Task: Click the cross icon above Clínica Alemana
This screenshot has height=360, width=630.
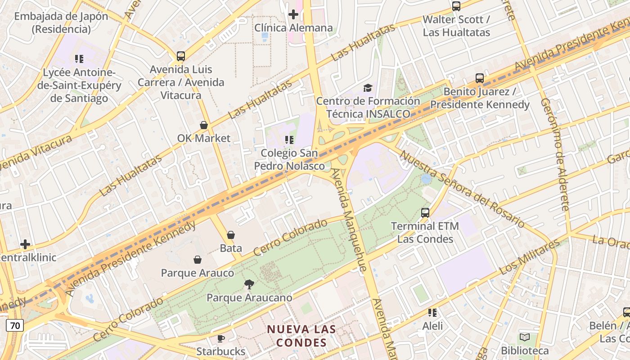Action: tap(293, 14)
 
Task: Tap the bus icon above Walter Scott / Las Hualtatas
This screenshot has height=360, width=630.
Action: tap(456, 6)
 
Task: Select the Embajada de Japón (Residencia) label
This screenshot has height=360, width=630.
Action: tap(61, 23)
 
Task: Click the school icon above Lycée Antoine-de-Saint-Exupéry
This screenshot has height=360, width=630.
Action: tap(79, 58)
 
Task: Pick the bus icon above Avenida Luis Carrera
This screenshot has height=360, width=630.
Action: tap(181, 56)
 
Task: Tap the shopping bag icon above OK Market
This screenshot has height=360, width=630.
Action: tap(204, 125)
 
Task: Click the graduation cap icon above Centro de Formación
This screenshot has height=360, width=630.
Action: tap(368, 88)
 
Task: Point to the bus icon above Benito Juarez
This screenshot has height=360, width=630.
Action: tap(480, 78)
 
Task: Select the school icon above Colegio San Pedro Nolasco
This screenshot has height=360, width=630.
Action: tap(289, 140)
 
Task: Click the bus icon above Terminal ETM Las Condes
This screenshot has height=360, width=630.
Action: tap(425, 213)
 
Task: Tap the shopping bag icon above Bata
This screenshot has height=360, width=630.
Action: tap(231, 235)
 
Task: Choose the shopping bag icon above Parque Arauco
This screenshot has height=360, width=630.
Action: tap(197, 260)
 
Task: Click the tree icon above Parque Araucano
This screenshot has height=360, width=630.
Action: tap(249, 284)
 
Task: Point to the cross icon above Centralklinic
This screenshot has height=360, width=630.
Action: tap(25, 244)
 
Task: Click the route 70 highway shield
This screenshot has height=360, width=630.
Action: tap(15, 325)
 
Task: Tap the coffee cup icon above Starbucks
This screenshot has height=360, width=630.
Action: tap(220, 338)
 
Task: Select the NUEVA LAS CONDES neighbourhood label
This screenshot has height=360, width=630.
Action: tap(301, 336)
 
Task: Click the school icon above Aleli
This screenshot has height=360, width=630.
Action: tap(432, 312)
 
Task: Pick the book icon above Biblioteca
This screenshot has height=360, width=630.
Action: tap(525, 337)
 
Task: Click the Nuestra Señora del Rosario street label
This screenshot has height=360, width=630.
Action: tap(462, 189)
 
